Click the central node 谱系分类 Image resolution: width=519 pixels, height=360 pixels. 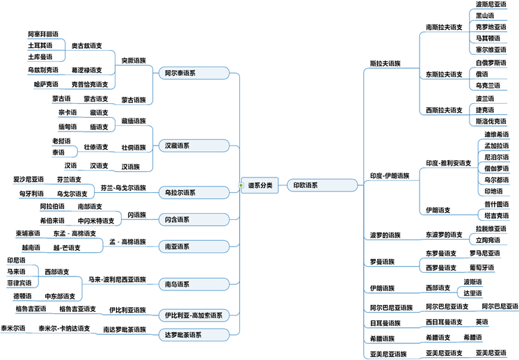(259, 185)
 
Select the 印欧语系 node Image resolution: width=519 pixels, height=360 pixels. (305, 185)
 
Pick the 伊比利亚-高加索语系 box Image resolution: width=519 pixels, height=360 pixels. (191, 315)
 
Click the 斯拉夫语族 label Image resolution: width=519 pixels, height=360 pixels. (385, 63)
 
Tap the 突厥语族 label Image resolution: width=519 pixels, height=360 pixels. (134, 60)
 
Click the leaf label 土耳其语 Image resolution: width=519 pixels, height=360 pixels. (40, 45)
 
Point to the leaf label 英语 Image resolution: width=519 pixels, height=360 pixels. (481, 322)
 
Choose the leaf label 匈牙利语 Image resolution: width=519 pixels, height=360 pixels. (32, 194)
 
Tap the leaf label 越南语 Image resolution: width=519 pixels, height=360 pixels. (31, 247)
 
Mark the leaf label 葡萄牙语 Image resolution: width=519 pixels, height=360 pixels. (481, 267)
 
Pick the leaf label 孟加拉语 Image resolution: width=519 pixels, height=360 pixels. (497, 146)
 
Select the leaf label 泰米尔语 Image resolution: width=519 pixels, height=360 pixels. (13, 328)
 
